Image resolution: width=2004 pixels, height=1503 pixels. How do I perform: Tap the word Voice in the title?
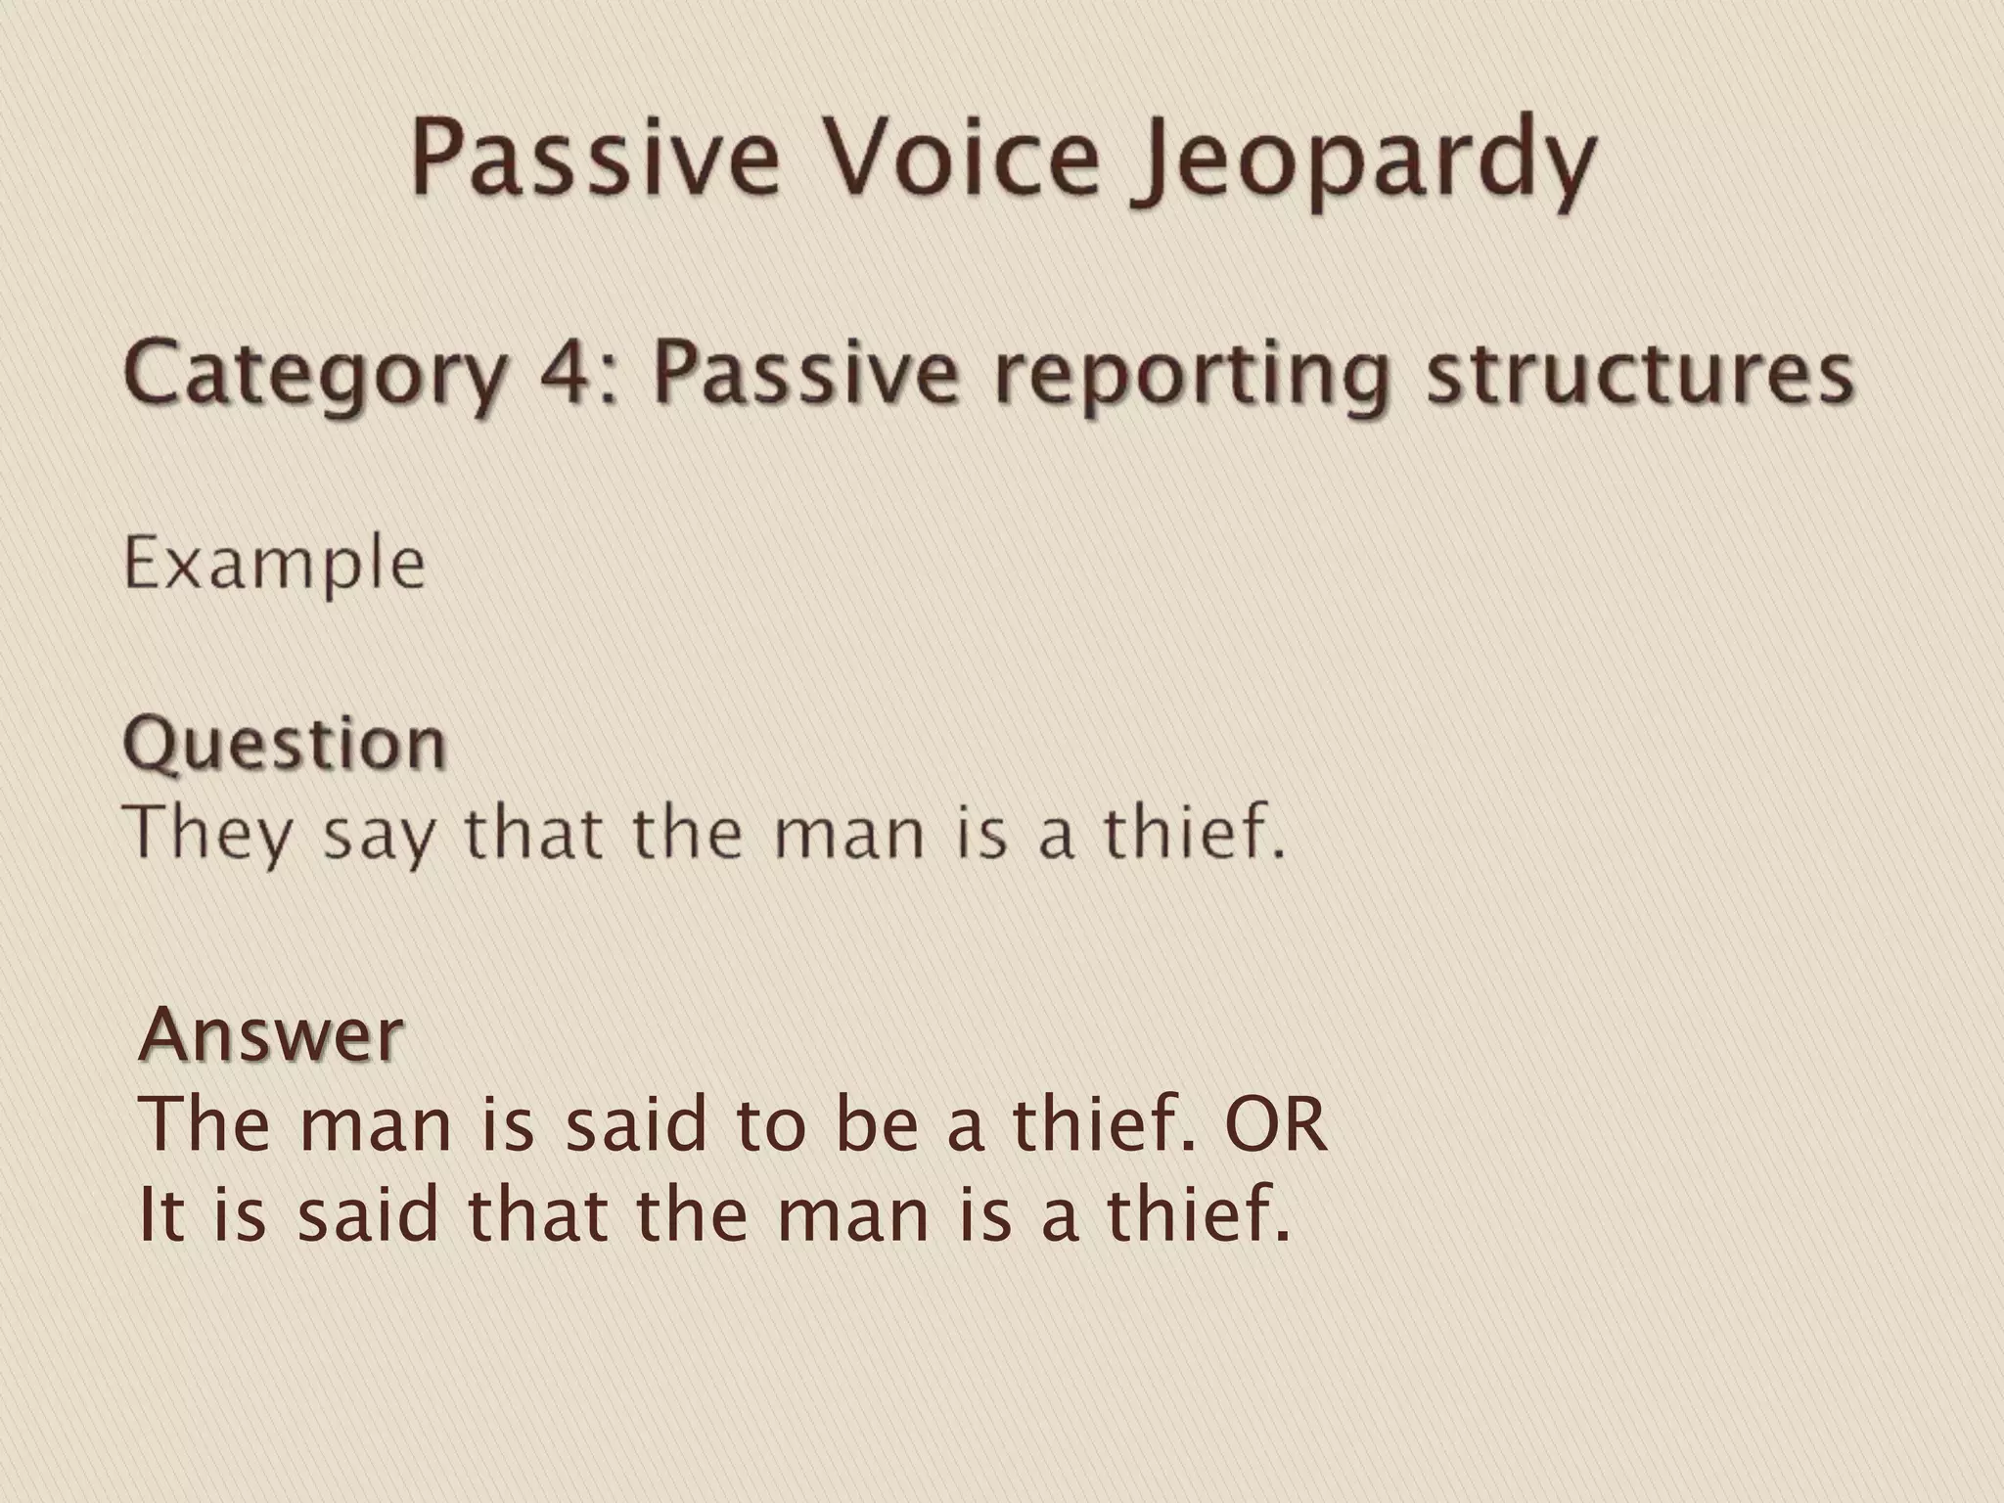click(x=960, y=157)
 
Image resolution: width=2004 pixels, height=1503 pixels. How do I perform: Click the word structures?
click(x=1639, y=373)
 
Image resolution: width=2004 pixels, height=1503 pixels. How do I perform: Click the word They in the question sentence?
click(x=208, y=835)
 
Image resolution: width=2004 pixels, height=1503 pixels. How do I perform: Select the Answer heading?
click(x=271, y=1034)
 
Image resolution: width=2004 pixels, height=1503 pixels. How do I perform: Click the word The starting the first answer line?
click(x=204, y=1124)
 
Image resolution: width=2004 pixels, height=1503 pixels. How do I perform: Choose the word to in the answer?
click(x=772, y=1124)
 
